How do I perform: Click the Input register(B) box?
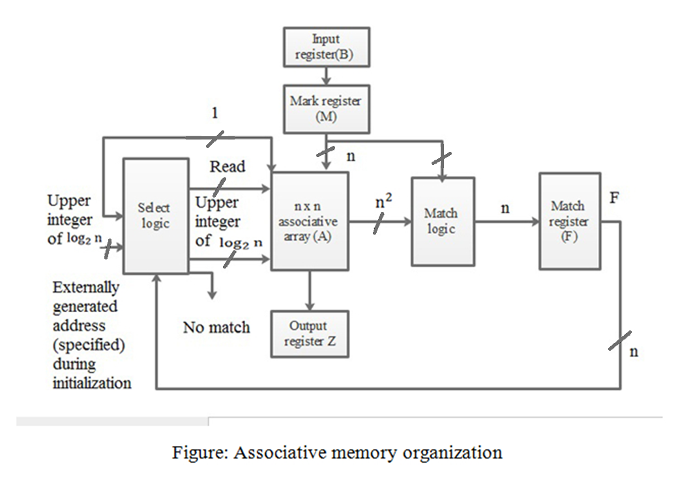(326, 47)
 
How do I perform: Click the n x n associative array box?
(310, 221)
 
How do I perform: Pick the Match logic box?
(443, 221)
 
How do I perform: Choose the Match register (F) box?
(569, 221)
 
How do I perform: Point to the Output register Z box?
(310, 334)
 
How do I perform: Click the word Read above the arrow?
(228, 167)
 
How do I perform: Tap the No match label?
(216, 327)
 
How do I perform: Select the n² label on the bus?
(384, 203)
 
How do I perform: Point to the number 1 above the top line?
(214, 113)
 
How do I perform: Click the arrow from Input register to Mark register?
(326, 76)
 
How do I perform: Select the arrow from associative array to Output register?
(310, 290)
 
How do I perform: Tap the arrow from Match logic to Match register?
(505, 222)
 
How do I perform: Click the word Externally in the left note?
(86, 287)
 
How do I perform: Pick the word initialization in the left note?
(92, 383)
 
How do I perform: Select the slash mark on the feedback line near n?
(620, 340)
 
